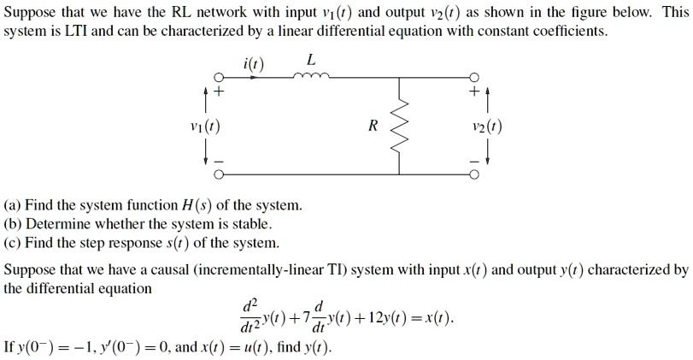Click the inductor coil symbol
point(308,75)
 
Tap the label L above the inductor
point(310,59)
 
